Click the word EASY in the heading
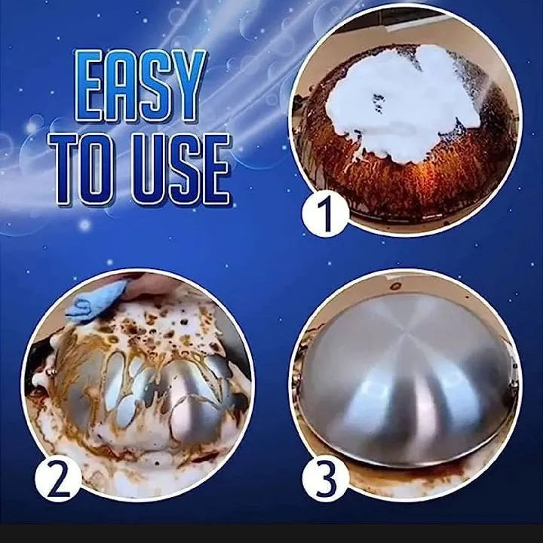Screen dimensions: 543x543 tap(140, 86)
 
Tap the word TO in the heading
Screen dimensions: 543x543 tap(82, 169)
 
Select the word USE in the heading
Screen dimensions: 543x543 tap(180, 170)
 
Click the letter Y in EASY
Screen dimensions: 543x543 tap(187, 86)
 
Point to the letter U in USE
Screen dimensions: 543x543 tap(149, 170)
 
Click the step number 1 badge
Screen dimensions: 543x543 tap(325, 213)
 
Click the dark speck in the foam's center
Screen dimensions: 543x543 tap(378, 102)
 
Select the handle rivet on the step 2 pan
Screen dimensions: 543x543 tap(51, 372)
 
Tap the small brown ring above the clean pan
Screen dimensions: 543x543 tap(395, 286)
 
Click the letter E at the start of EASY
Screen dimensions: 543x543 tap(89, 86)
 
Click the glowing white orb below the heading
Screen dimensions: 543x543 tap(84, 225)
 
